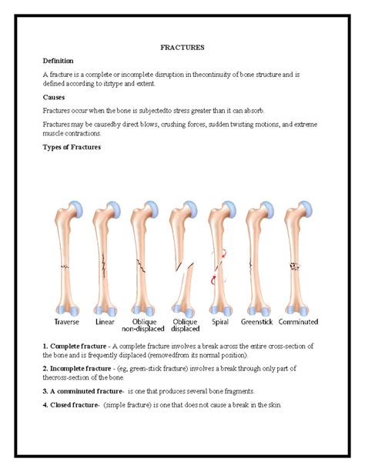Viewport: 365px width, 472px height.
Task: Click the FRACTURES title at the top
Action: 182,48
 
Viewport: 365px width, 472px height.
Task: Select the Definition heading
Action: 59,60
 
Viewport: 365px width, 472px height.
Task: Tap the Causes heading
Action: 54,98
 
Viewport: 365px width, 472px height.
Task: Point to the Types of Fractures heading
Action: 72,147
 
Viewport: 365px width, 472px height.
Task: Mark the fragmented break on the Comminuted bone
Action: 295,266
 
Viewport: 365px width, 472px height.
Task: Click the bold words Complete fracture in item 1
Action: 75,347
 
